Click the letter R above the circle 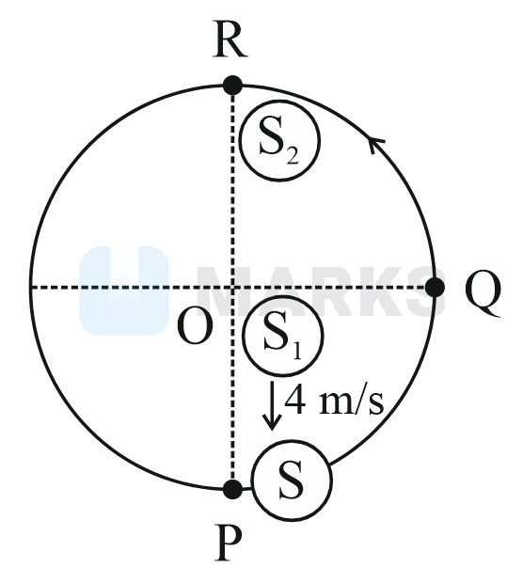230,39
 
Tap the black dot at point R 233,86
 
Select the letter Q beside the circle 483,293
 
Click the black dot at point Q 435,288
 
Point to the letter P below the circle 229,543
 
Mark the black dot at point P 233,489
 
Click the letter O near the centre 196,326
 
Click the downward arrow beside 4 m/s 272,405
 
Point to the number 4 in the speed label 295,400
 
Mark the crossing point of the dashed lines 233,288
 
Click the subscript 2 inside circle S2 293,157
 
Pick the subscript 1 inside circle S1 296,352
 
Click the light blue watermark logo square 124,291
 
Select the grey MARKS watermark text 321,291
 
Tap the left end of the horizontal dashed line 30,288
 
